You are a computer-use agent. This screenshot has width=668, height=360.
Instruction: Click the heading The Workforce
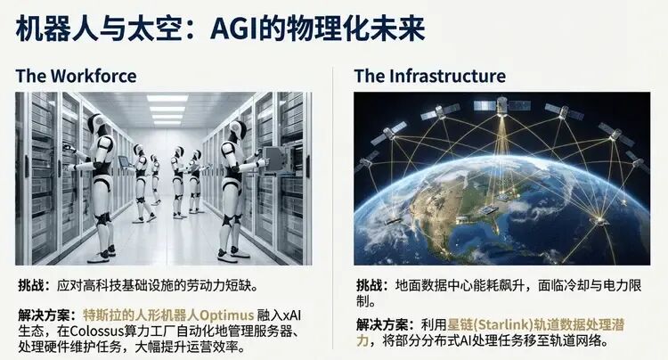[76, 75]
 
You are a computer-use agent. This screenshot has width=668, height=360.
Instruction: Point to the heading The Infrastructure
[429, 75]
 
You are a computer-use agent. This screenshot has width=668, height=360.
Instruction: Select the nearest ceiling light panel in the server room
[167, 98]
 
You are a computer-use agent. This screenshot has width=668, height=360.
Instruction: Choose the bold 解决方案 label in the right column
[382, 323]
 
